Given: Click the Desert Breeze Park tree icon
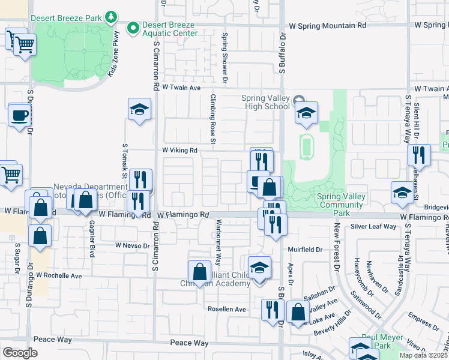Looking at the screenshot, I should coord(110,17).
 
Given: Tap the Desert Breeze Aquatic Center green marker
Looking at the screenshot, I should coord(133,27).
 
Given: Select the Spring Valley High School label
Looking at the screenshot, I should coord(265,103).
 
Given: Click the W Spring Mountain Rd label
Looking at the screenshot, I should coord(327,26).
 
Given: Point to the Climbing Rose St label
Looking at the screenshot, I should coord(212,119).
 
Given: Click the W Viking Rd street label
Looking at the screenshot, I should coord(179,150).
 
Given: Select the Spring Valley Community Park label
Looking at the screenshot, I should coord(342,200).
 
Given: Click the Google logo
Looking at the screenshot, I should coord(20,352).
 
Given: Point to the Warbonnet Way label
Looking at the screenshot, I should coord(218,245).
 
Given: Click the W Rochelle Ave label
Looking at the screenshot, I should coord(58,275).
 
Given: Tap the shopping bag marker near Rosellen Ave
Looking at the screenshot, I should coord(298,312).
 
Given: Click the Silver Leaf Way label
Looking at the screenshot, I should coord(373,226).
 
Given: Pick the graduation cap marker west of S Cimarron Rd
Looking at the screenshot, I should coord(139,110).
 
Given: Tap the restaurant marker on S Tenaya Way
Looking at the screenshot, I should coord(418,155).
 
